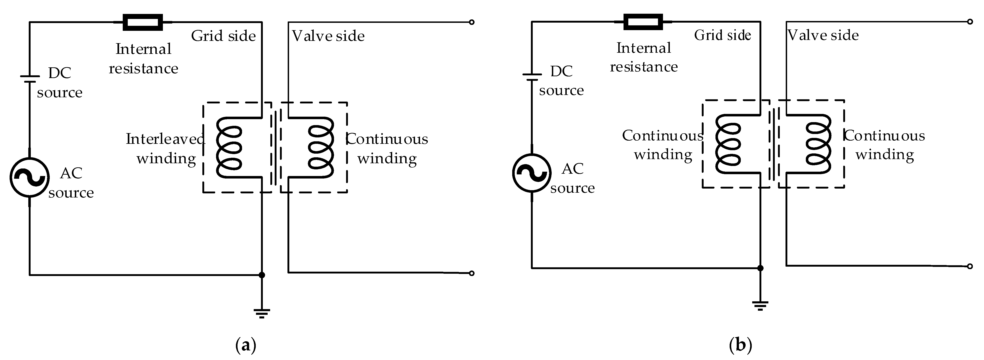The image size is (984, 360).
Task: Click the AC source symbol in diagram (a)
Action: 29,177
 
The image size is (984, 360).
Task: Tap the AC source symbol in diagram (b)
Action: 531,173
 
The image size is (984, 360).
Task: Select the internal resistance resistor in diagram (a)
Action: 143,22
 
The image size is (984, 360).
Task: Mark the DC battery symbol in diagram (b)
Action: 531,77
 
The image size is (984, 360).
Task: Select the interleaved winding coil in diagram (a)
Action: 229,147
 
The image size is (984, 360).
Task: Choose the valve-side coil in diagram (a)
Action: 321,147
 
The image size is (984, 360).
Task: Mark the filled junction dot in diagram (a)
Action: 262,275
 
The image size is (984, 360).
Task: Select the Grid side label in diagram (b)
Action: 722,35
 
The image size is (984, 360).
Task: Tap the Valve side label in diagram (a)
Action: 328,36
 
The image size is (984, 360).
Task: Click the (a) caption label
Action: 246,345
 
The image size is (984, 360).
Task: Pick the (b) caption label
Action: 740,345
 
